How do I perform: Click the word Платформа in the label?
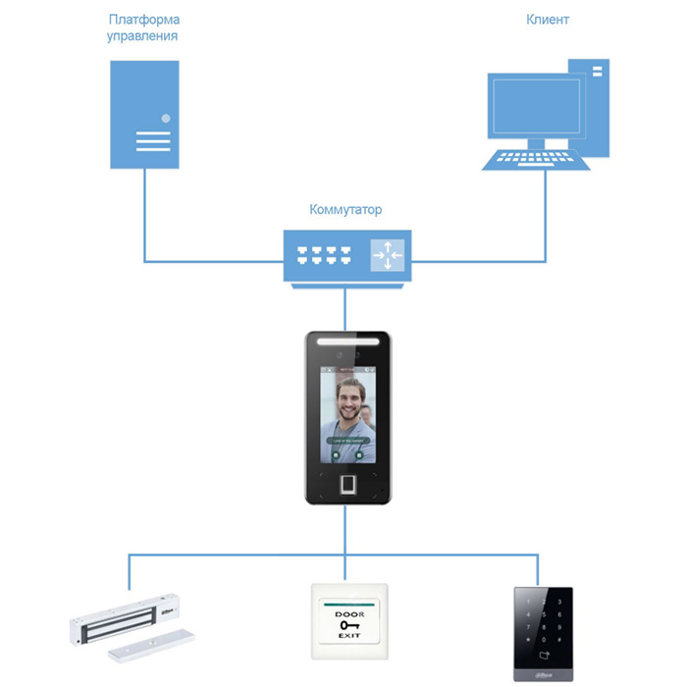pyautogui.click(x=143, y=20)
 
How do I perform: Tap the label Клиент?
pyautogui.click(x=548, y=20)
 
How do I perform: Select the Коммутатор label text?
pyautogui.click(x=345, y=210)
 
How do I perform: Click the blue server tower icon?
pyautogui.click(x=144, y=113)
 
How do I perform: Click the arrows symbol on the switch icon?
pyautogui.click(x=387, y=253)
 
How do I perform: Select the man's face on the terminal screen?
pyautogui.click(x=348, y=400)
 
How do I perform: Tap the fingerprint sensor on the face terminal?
pyautogui.click(x=348, y=485)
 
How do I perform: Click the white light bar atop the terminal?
pyautogui.click(x=348, y=339)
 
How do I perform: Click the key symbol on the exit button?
pyautogui.click(x=348, y=625)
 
